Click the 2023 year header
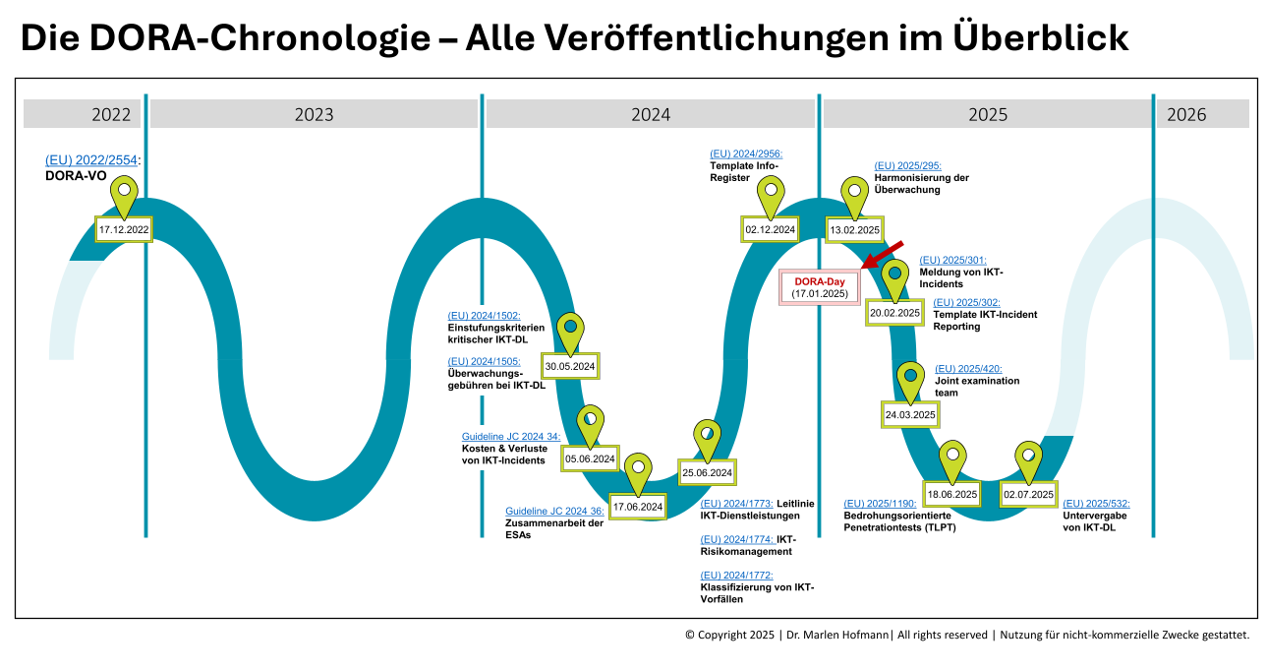314,114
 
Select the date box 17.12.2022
124,229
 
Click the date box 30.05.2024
570,366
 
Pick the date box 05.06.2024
590,458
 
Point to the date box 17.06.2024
638,507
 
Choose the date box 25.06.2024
707,472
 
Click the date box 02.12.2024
770,229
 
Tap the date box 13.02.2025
854,230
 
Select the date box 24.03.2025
910,414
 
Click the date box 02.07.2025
1028,494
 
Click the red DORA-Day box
820,287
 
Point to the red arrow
882,255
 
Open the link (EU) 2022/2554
91,160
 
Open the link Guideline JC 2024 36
554,511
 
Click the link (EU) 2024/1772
736,576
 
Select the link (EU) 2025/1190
880,504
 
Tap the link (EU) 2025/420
968,369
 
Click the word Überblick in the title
1040,37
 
